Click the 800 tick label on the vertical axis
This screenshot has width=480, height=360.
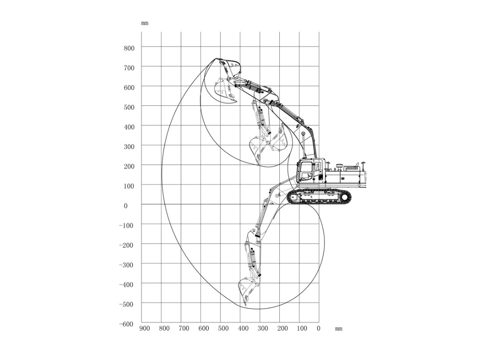click(x=129, y=48)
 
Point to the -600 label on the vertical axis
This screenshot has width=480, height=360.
click(x=126, y=324)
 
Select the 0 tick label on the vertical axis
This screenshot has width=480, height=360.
click(x=126, y=206)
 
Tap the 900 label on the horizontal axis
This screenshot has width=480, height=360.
click(x=144, y=328)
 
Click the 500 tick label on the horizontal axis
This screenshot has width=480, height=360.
click(x=223, y=328)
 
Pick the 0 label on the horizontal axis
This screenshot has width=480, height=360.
click(x=318, y=328)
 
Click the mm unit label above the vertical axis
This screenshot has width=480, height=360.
click(x=145, y=23)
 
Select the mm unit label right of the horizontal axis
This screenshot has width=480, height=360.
click(x=339, y=329)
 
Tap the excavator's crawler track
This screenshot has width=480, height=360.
click(x=319, y=197)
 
